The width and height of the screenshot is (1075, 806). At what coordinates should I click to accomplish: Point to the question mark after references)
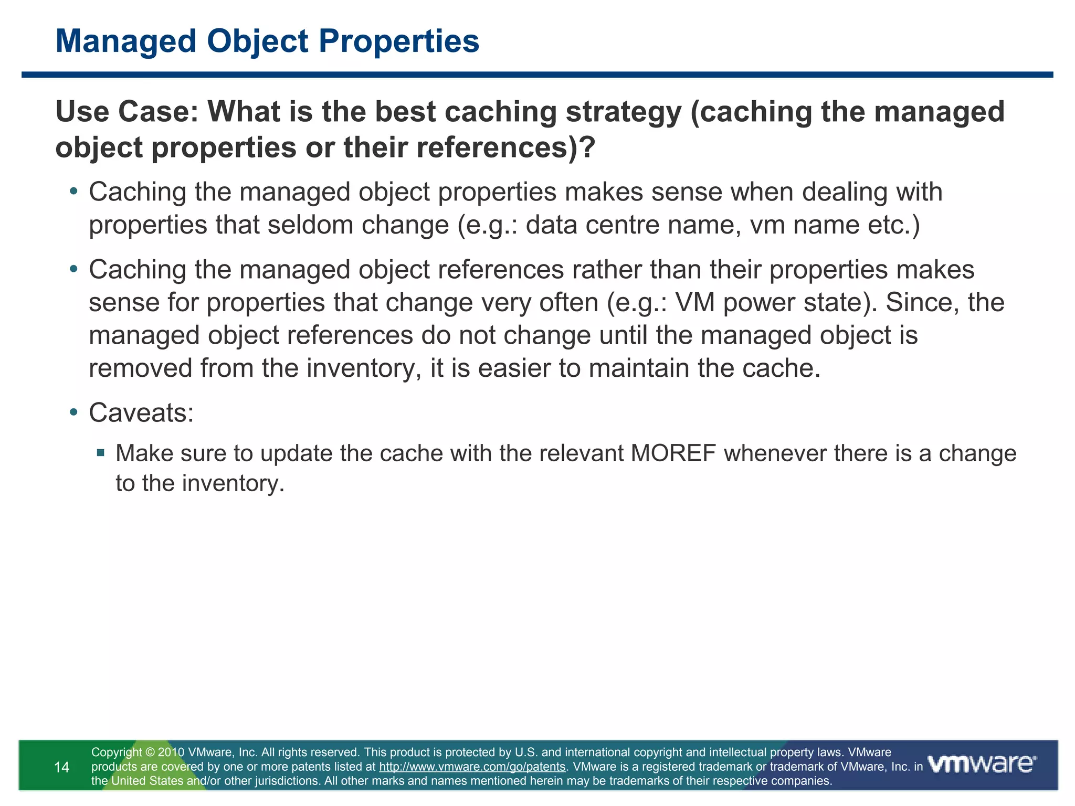587,148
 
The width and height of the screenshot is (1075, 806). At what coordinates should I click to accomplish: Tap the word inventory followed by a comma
364,368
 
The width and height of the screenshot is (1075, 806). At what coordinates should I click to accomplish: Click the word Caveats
141,413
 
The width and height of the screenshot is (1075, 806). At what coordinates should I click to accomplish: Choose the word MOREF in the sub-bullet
673,454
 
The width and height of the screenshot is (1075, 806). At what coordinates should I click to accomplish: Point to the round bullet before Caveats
73,412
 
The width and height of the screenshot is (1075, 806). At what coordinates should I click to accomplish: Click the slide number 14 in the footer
62,768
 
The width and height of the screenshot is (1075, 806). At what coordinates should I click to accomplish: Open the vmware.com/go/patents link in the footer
472,767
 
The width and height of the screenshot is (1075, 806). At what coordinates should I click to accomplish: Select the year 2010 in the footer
171,753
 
